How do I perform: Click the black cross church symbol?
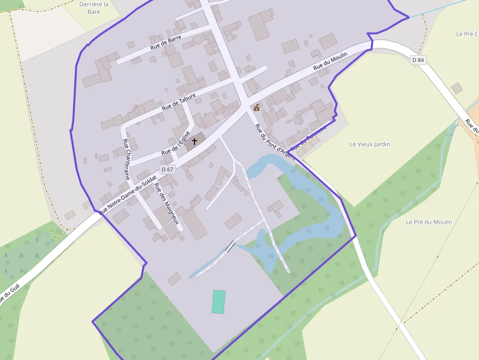pos(194,142)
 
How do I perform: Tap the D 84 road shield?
pos(418,60)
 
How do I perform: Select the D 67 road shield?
pos(167,169)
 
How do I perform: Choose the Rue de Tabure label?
pos(178,101)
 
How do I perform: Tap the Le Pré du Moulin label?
pos(429,222)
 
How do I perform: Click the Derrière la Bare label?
pos(93,8)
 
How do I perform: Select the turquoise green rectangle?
pos(219,301)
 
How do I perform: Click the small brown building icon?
pos(257,107)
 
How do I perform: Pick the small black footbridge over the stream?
pos(230,247)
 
